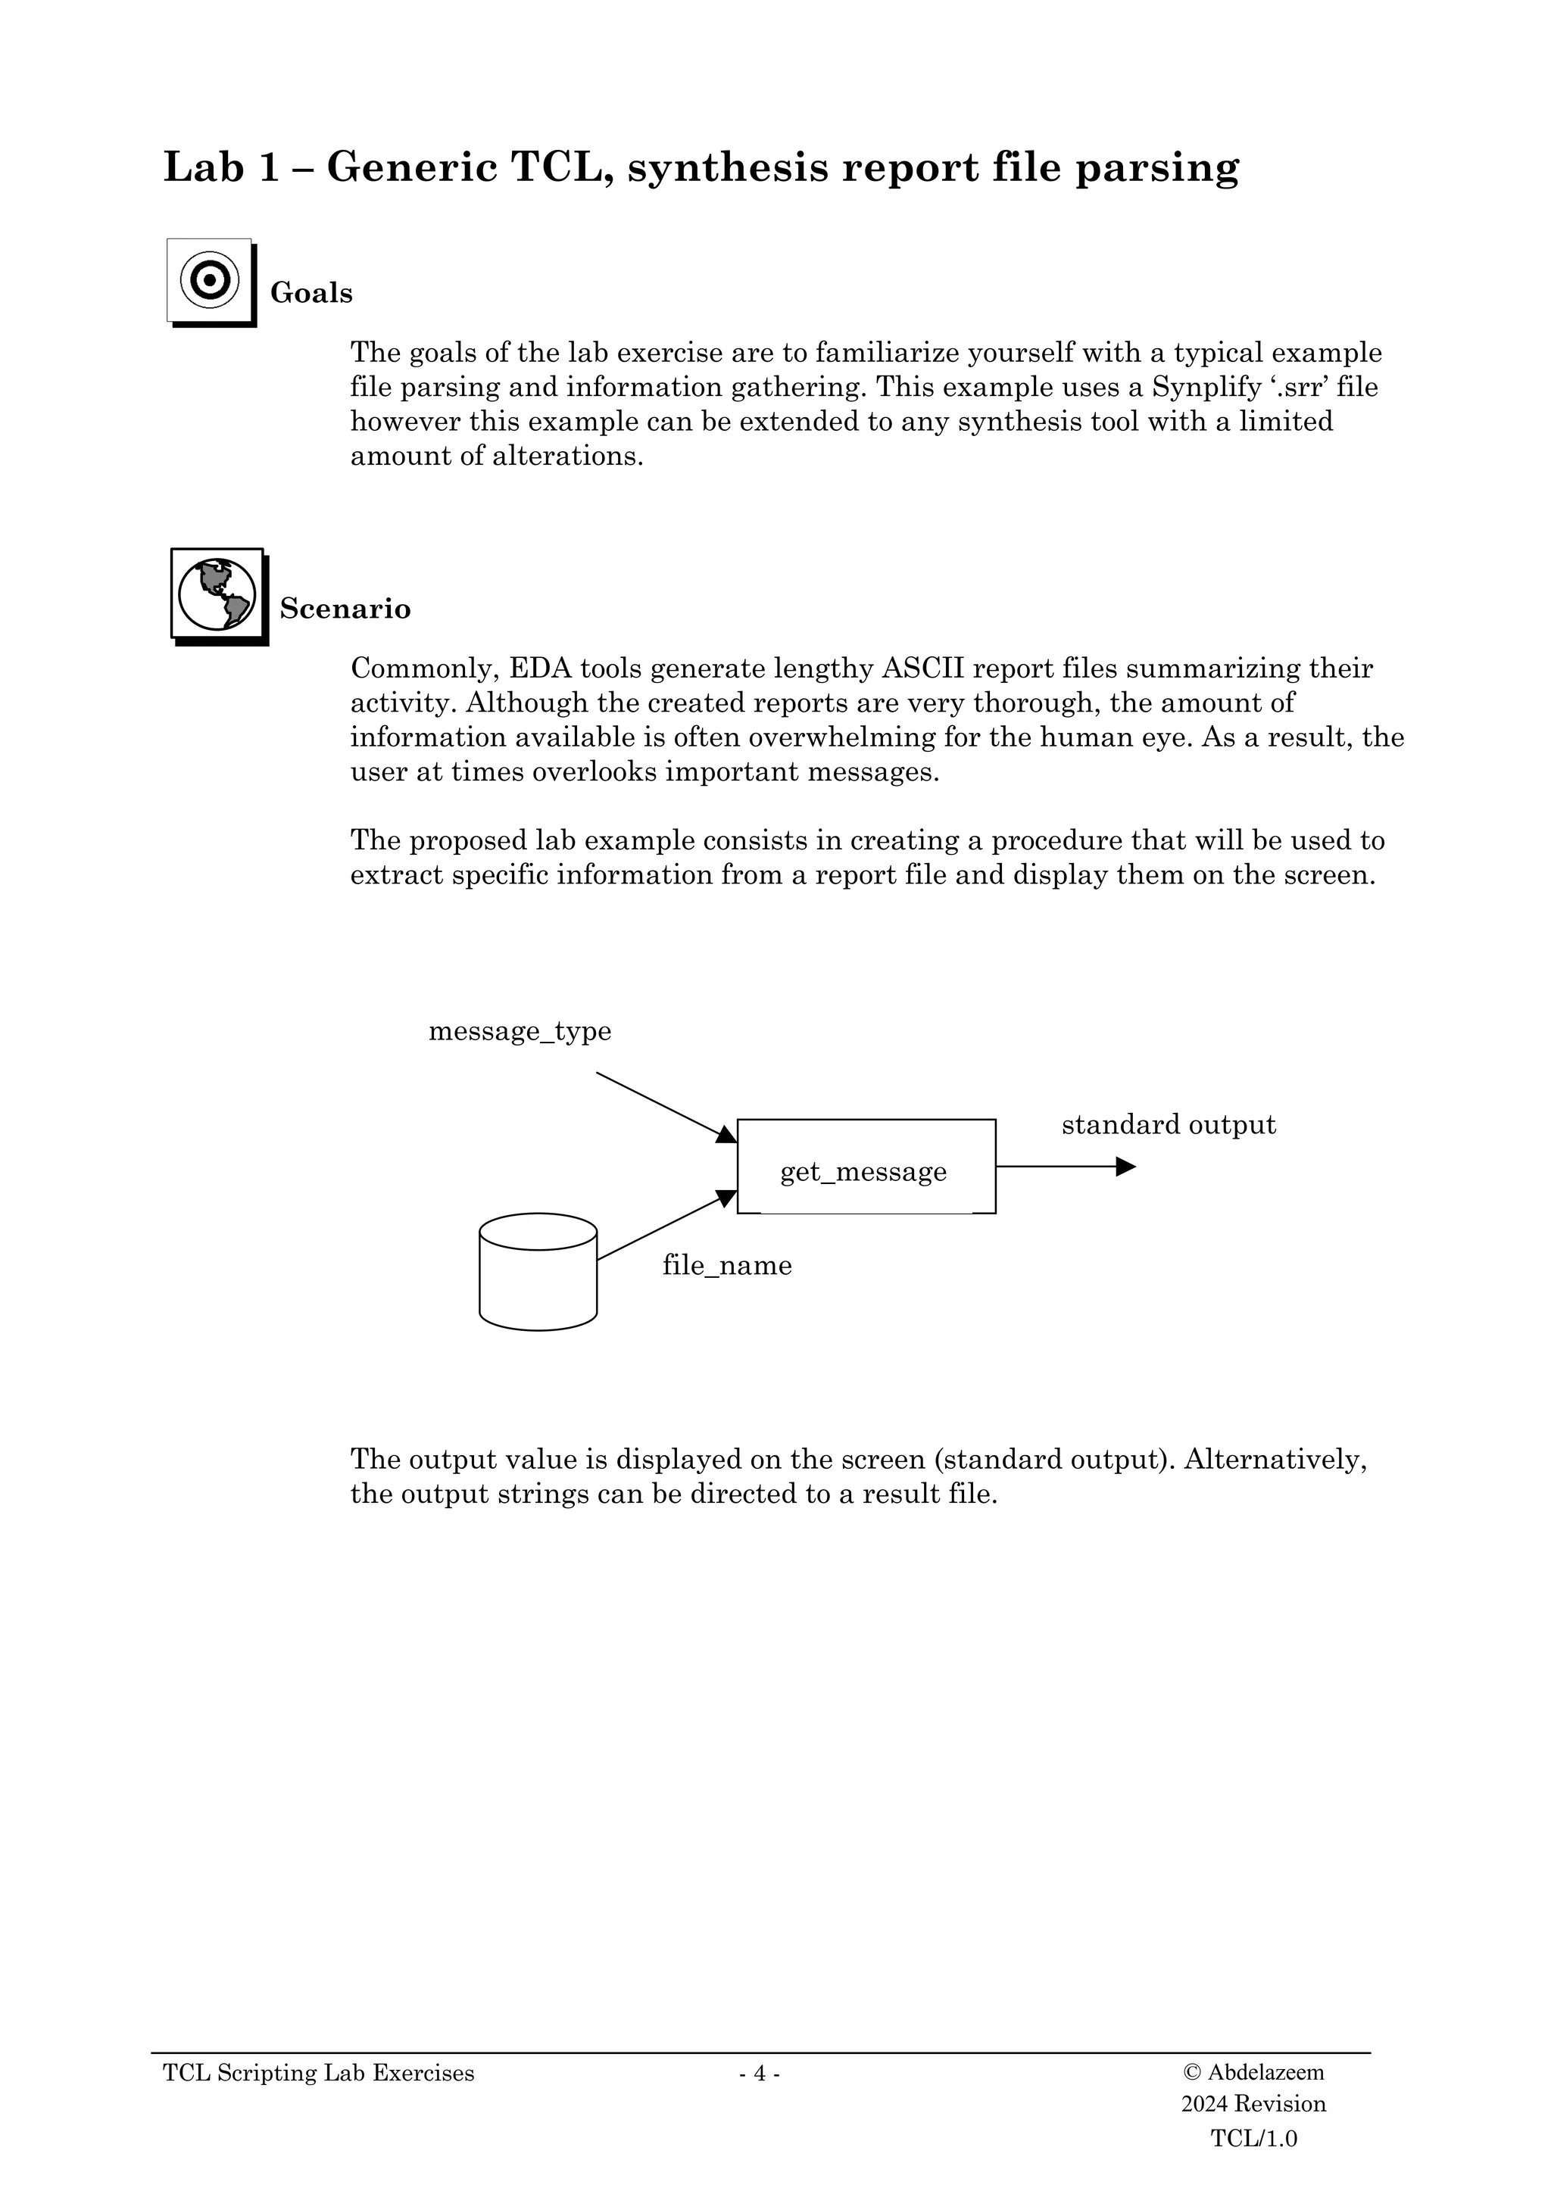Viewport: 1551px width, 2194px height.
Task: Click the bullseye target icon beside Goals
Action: [211, 281]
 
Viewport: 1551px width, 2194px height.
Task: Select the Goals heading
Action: [311, 293]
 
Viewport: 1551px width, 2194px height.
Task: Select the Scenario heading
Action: [345, 609]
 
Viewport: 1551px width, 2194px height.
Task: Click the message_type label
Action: [519, 1032]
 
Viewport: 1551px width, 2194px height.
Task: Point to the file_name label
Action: [726, 1265]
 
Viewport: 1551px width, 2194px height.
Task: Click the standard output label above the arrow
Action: [1168, 1125]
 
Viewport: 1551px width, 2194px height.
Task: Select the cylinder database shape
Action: [538, 1272]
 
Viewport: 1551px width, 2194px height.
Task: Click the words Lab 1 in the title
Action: [222, 168]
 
